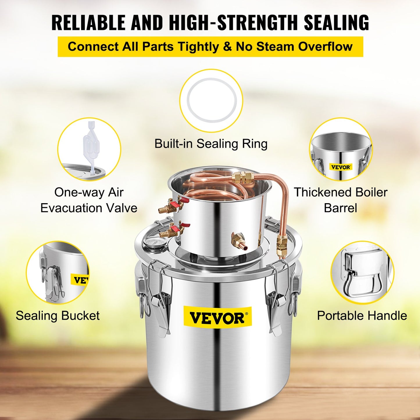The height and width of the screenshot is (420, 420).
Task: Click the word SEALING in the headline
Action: click(x=336, y=22)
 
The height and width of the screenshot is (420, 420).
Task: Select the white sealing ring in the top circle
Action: click(x=212, y=101)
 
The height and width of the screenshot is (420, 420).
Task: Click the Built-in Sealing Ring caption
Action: click(x=211, y=144)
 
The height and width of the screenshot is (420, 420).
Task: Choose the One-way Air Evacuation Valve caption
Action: click(x=89, y=200)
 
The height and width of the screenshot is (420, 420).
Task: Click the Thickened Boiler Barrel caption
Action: click(x=340, y=200)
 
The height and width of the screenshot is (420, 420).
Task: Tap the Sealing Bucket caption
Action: click(x=58, y=316)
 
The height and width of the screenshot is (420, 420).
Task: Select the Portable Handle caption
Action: click(x=362, y=316)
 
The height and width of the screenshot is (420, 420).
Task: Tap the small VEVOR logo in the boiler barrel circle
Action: click(x=341, y=167)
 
